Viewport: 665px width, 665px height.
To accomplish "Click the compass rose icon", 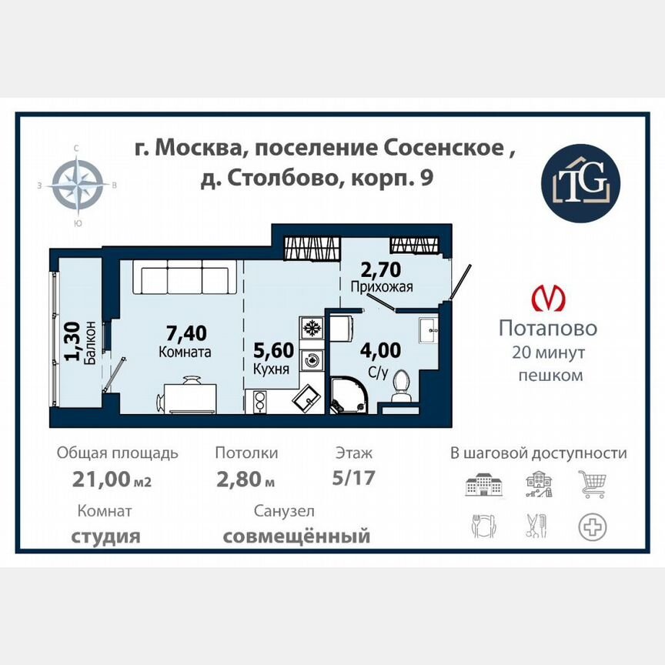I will pos(77,185).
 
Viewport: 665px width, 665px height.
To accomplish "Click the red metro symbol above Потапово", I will pos(547,298).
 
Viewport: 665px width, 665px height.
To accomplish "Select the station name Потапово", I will pos(547,329).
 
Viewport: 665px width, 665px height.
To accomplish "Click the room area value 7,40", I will pos(186,333).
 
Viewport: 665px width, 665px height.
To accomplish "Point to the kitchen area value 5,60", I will pos(273,351).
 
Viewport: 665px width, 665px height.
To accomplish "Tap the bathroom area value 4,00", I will pos(381,351).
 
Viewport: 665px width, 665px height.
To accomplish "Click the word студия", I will pos(105,536).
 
